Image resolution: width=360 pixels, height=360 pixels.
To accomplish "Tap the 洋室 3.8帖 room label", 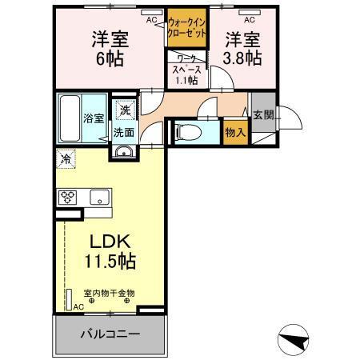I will (242, 48).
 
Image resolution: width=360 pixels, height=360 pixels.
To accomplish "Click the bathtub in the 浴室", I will (69, 118).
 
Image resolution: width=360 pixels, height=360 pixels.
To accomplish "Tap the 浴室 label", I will (94, 118).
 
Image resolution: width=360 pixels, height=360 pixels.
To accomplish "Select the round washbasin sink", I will (123, 154).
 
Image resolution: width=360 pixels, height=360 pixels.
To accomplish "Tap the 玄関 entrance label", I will (263, 115).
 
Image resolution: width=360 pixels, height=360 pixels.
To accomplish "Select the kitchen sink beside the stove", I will (100, 197).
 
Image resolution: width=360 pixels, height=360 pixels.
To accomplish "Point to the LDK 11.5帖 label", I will (110, 250).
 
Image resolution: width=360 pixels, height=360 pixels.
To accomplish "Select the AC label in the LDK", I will (78, 306).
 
